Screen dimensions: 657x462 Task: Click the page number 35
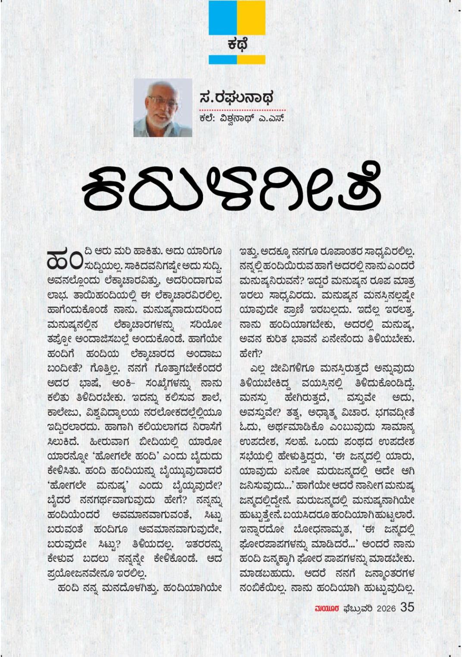coord(407,607)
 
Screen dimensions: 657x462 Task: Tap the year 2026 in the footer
coord(386,608)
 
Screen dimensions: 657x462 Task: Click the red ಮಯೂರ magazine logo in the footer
coord(327,608)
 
